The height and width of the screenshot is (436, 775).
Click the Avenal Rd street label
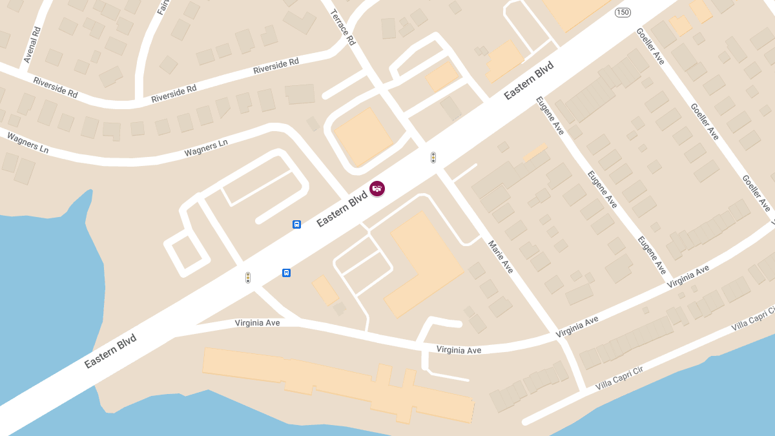pos(32,45)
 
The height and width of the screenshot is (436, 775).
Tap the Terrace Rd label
pos(343,27)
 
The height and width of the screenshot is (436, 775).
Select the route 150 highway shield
pos(623,12)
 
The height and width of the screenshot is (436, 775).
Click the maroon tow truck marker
pos(377,189)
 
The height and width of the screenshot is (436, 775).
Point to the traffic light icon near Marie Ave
pos(433,158)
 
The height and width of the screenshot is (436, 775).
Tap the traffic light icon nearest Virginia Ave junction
pos(247,278)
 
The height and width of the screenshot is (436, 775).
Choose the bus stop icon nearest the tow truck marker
pos(296,224)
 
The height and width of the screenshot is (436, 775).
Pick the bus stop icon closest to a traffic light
pos(286,273)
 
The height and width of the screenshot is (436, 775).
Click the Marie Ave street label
pos(501,256)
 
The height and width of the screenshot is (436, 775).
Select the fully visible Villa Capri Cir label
pos(621,377)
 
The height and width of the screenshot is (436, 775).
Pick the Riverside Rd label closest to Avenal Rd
pos(55,87)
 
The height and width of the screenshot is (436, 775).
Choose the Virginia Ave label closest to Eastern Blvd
pos(257,322)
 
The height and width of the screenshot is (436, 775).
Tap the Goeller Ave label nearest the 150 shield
pos(650,46)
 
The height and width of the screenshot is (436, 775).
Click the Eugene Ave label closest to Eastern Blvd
pos(550,115)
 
